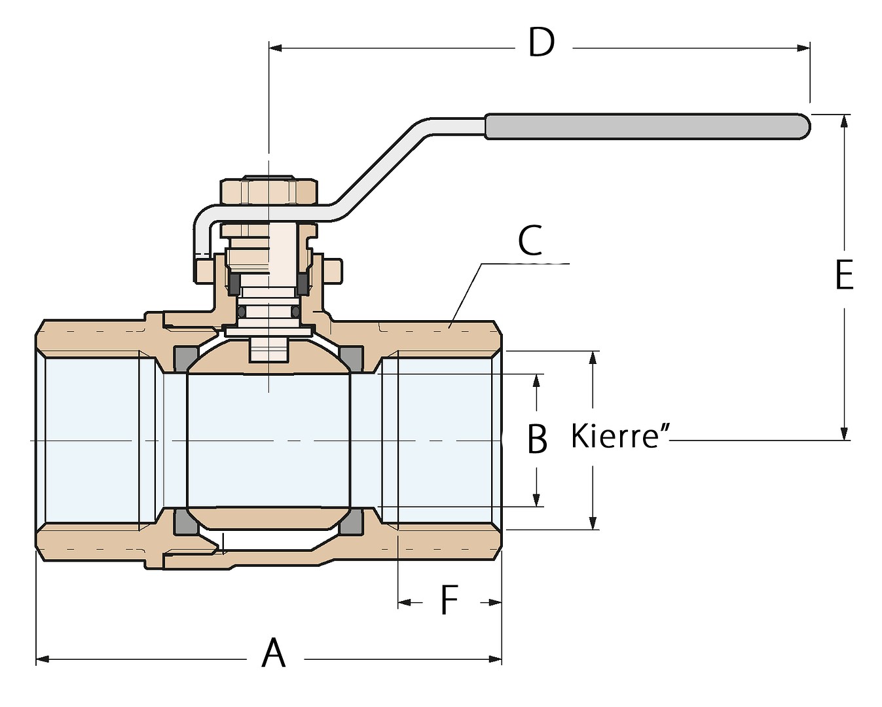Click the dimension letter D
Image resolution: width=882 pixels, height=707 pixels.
point(542,43)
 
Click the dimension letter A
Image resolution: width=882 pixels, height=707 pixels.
point(274,653)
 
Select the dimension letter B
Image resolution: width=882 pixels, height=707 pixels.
point(537,439)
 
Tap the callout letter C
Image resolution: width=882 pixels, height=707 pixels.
point(530,240)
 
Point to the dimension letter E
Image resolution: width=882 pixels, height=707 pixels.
point(844,275)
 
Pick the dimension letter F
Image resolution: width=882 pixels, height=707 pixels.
point(449,600)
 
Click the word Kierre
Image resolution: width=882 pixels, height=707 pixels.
point(615,436)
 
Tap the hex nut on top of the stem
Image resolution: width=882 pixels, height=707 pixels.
point(269,190)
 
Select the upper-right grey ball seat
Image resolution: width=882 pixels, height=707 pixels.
point(352,357)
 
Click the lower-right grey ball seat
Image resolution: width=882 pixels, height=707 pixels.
point(352,522)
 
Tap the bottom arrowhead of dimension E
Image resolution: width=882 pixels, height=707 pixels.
point(845,433)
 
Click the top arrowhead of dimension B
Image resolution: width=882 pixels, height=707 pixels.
point(536,381)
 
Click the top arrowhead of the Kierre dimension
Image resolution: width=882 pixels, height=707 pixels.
point(593,357)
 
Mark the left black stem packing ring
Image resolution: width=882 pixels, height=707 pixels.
point(232,283)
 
